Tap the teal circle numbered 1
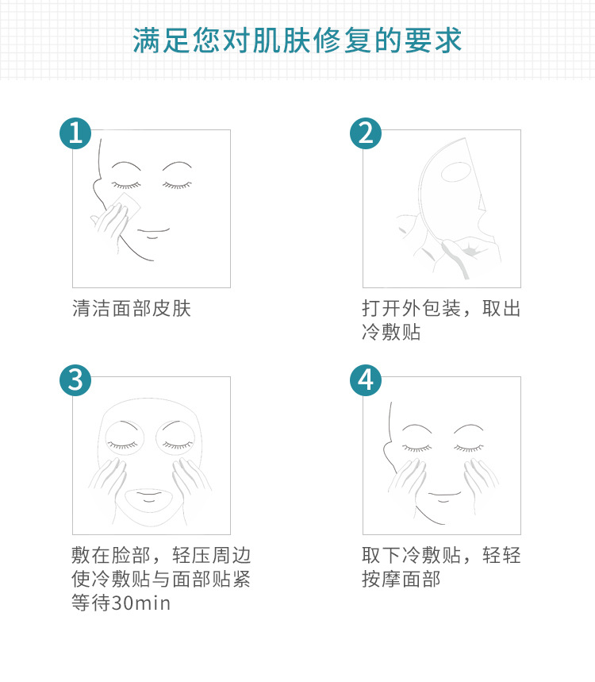pyautogui.click(x=75, y=133)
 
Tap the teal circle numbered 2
pyautogui.click(x=366, y=133)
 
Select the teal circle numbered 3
pyautogui.click(x=75, y=380)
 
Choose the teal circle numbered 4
pyautogui.click(x=366, y=380)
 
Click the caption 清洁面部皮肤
pyautogui.click(x=132, y=309)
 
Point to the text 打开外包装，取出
pyautogui.click(x=441, y=309)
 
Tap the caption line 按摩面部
pyautogui.click(x=401, y=580)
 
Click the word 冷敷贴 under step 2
pyautogui.click(x=391, y=333)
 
